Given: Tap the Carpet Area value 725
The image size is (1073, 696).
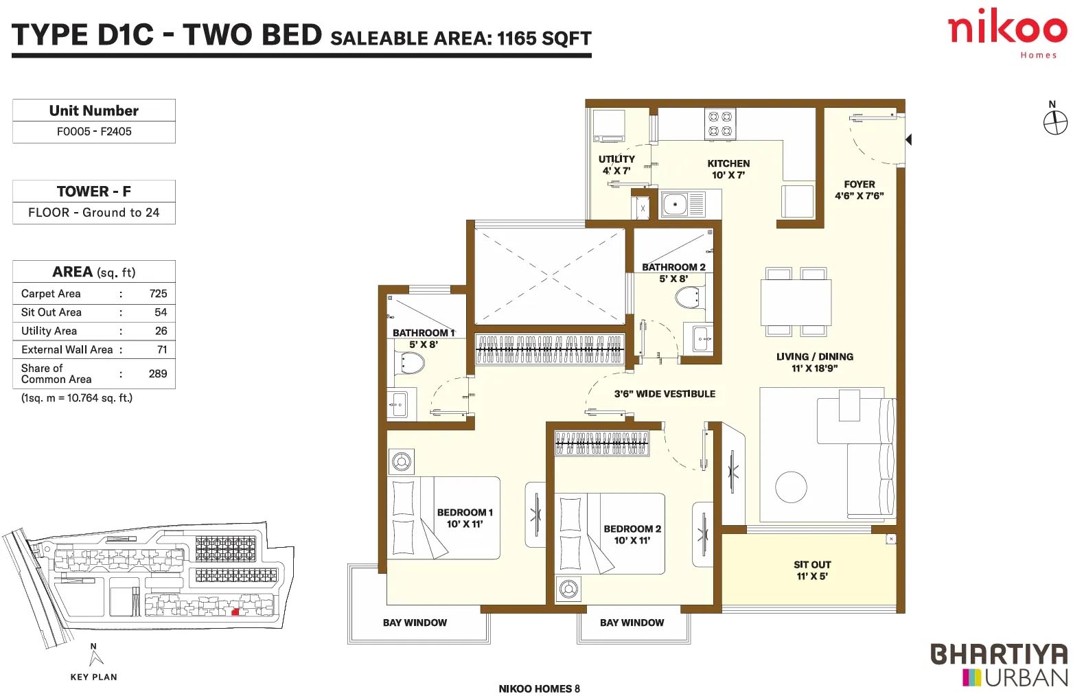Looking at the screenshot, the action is [158, 293].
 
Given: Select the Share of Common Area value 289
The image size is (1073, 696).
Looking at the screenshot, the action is [158, 373].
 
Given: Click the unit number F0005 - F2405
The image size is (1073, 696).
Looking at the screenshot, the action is [94, 131].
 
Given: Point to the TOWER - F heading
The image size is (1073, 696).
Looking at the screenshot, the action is [94, 191].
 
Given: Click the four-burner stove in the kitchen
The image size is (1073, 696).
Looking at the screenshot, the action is [720, 124].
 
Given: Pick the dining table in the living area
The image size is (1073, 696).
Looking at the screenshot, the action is [796, 302].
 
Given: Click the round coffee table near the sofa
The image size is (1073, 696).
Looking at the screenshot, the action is [791, 487].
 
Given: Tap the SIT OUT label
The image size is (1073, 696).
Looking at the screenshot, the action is [812, 565].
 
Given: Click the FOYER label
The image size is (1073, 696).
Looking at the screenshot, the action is [859, 185].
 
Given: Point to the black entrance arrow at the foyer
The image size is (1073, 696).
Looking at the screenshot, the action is [908, 139].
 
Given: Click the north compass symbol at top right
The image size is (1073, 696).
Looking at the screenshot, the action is [1055, 123].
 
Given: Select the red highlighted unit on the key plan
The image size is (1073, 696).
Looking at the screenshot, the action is [235, 612].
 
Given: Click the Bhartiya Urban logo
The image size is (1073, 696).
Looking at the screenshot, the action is [1000, 665].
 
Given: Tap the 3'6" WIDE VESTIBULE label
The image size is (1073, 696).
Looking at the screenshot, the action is [665, 394].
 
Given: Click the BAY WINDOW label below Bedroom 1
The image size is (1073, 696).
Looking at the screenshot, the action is [415, 623].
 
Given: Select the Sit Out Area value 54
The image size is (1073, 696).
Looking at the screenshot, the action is [161, 312].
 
